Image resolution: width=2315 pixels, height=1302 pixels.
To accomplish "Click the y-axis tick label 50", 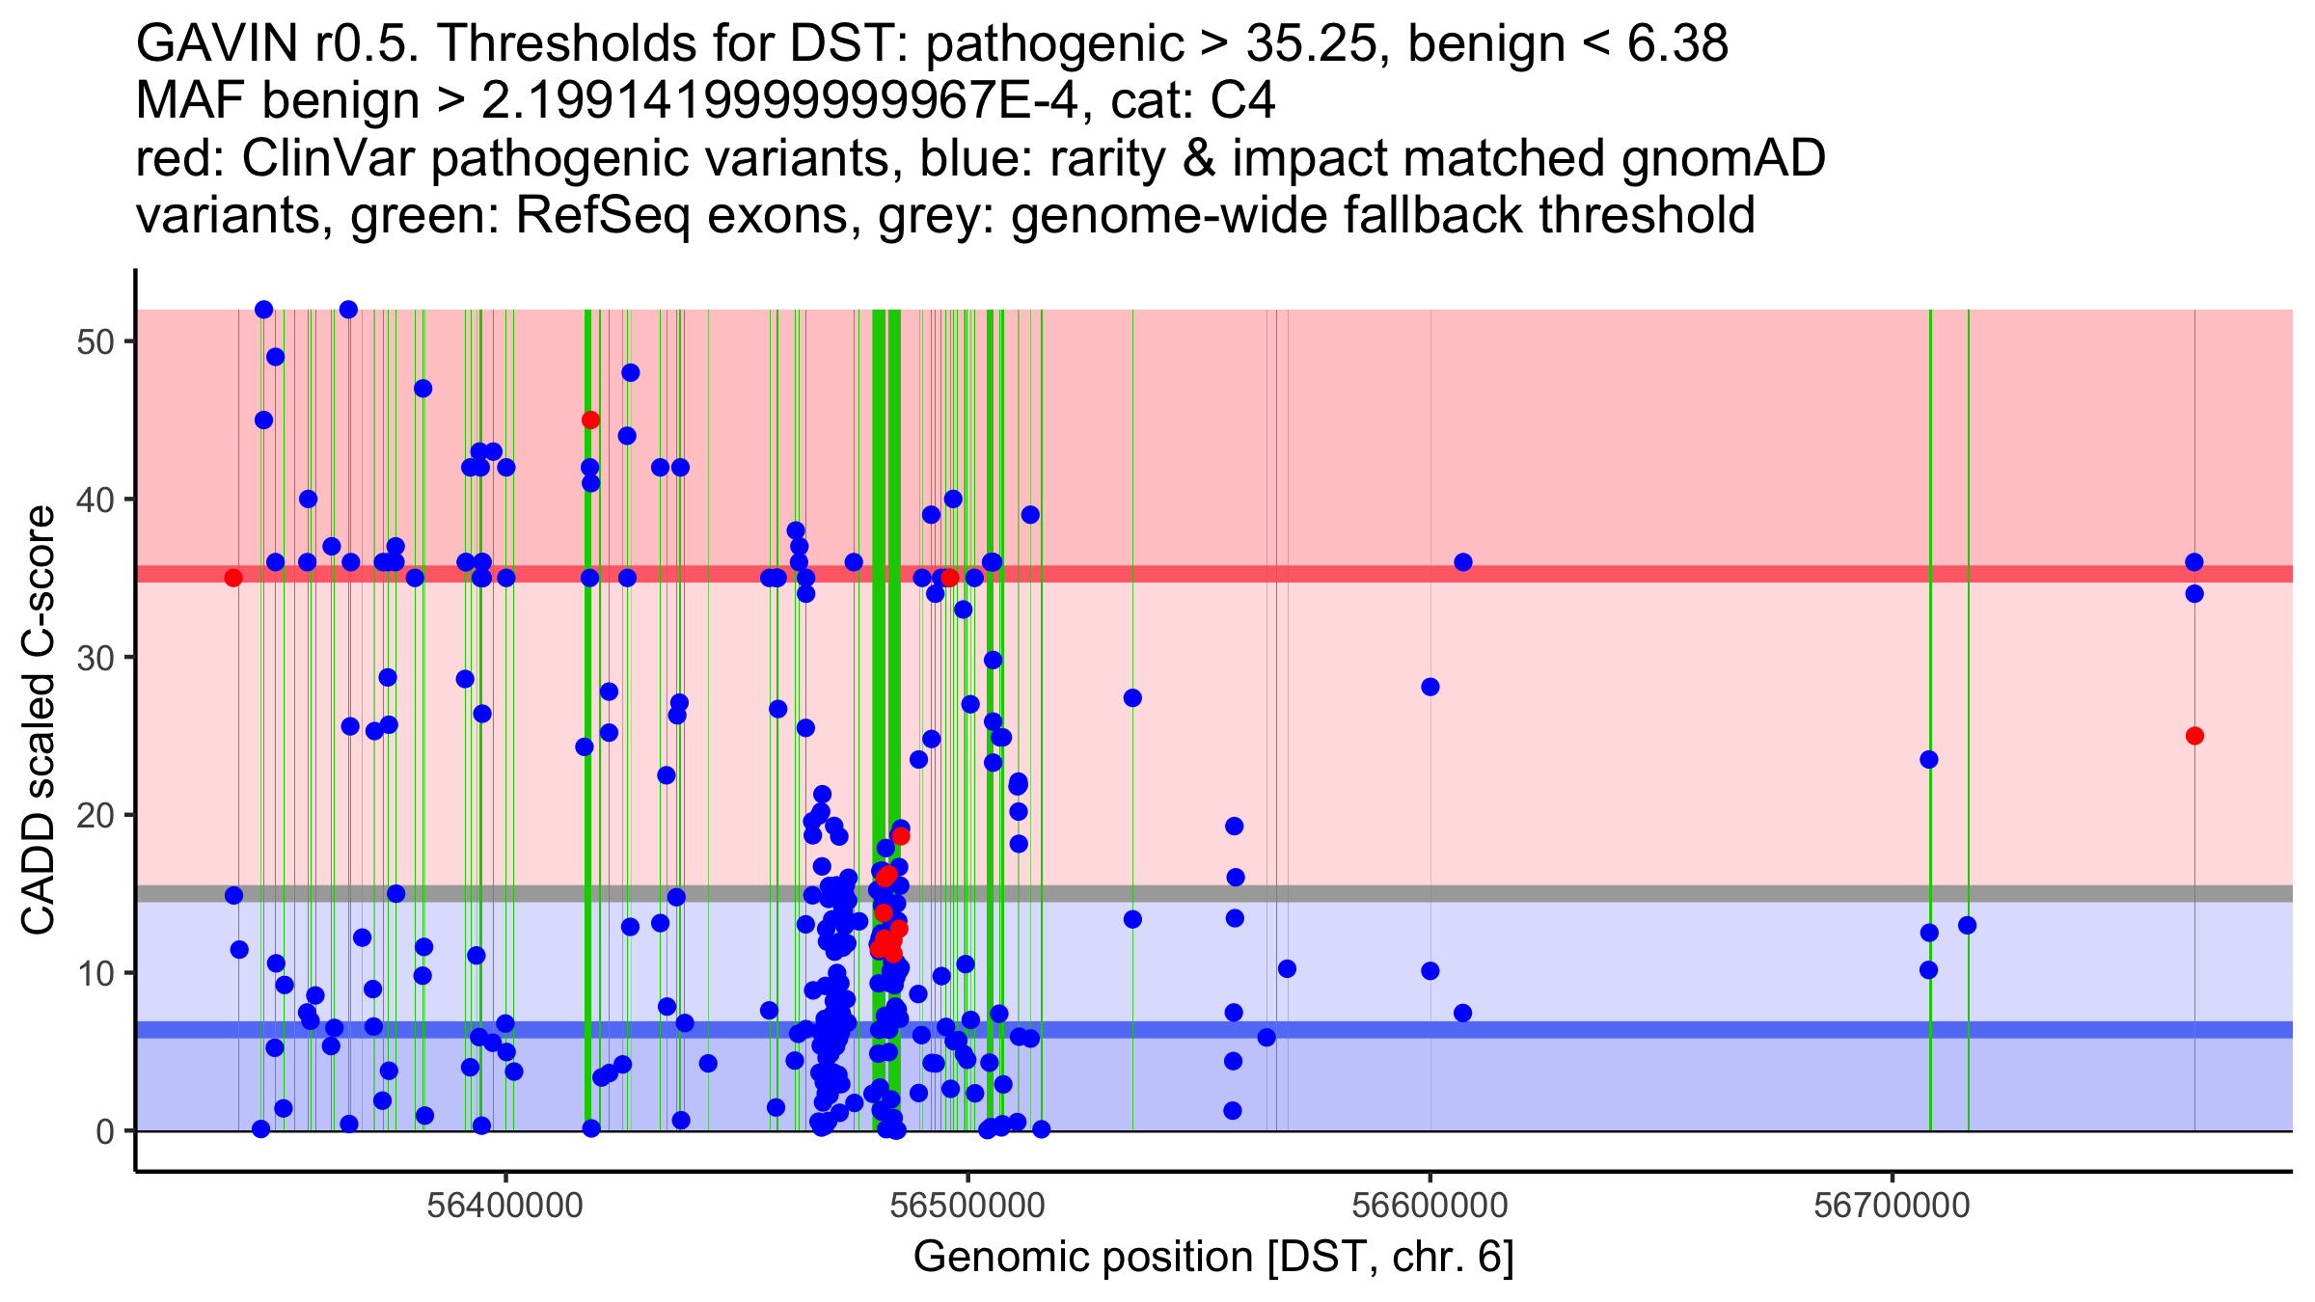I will click(95, 342).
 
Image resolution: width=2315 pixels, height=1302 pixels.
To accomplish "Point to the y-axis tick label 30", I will click(95, 658).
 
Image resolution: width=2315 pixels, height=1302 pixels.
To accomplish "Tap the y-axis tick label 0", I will click(105, 1131).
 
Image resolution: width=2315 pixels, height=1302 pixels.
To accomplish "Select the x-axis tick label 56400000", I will click(504, 1206).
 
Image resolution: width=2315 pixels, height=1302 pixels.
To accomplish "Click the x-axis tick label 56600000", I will click(1430, 1206).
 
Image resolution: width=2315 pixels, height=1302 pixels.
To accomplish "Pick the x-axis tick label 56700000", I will click(1892, 1206).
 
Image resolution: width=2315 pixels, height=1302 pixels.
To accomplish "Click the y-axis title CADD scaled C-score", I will click(39, 720).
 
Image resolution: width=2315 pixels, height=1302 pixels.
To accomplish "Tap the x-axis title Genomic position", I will click(1212, 1258).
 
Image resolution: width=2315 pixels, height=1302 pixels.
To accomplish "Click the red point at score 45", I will click(590, 420).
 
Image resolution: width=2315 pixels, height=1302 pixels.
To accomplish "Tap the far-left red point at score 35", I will click(233, 578).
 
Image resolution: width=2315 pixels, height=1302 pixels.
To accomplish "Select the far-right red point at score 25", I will click(2194, 736).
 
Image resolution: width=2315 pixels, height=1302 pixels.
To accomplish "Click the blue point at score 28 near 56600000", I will click(1430, 687).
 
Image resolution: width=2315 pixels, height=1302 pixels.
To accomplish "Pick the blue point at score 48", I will click(630, 372).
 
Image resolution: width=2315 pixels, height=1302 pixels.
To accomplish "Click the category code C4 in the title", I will click(1244, 100).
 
